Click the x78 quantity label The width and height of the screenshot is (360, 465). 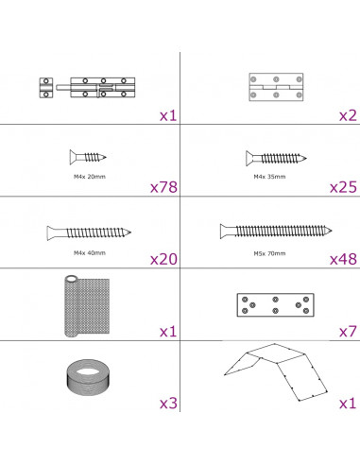pos(163,187)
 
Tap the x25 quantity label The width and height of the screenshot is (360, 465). pos(343,187)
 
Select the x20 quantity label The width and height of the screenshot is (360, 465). pos(163,259)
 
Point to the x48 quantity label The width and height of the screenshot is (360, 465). pos(343,259)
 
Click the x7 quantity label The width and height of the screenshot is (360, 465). pos(348,332)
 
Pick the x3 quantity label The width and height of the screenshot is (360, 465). pos(168,404)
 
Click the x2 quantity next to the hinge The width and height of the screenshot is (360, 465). pos(348,115)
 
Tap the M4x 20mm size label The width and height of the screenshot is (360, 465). pos(90,177)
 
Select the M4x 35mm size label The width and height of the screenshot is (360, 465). pos(269,177)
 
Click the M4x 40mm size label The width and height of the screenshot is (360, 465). pos(90,253)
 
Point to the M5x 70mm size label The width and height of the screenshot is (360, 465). pos(269,253)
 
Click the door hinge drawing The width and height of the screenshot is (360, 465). pos(276,87)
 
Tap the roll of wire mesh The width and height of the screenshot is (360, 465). pos(87,306)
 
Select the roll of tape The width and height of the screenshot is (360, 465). pos(88,377)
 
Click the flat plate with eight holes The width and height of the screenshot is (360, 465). pos(275,305)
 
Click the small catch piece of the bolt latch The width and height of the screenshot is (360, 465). pos(46,88)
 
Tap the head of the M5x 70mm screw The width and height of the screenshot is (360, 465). pos(225,231)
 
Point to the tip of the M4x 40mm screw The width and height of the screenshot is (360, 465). pos(130,232)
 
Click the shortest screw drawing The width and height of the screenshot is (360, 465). pos(88,157)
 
